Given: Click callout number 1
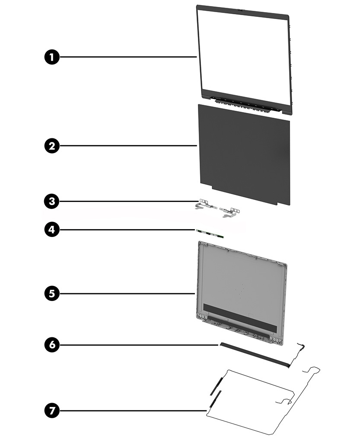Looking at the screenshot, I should (52, 57).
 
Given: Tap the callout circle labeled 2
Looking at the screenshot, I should (52, 146).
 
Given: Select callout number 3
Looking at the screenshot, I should (52, 201).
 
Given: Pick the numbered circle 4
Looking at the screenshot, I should (52, 229).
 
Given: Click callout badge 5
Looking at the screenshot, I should (52, 294).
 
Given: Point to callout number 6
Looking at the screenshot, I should (52, 345).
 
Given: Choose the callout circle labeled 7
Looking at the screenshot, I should (52, 410).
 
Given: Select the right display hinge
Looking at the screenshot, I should (226, 211).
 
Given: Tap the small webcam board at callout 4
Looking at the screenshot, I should (210, 234).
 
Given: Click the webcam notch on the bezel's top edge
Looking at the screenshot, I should (239, 7).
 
